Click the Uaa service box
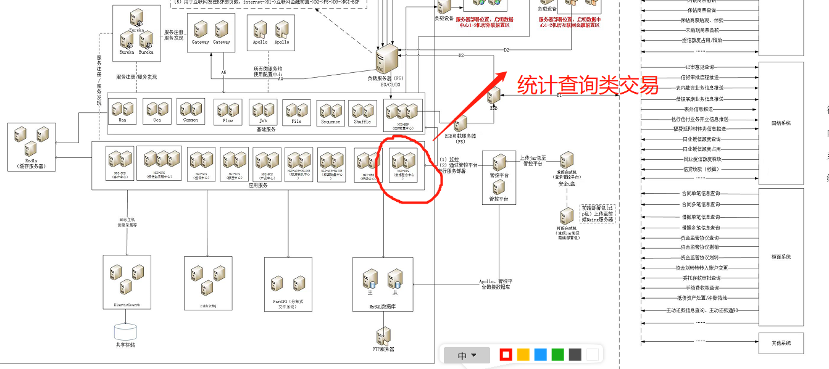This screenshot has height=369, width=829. click(x=123, y=111)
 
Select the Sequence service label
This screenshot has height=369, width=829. click(x=330, y=122)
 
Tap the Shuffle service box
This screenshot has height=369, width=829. click(x=362, y=113)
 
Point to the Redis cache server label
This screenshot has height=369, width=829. click(x=31, y=164)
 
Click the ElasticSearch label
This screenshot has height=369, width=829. click(x=127, y=305)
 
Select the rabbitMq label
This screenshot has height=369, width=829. click(x=207, y=305)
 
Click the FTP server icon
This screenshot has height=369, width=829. click(x=383, y=336)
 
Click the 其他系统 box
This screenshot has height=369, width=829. click(x=781, y=342)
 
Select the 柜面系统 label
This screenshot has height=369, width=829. click(x=781, y=257)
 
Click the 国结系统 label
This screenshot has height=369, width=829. click(x=781, y=123)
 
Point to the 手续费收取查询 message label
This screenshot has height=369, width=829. click(x=700, y=288)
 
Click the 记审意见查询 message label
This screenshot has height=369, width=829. click(x=699, y=67)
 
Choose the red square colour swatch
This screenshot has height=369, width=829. click(x=506, y=355)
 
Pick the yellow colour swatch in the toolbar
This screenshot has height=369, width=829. click(x=523, y=355)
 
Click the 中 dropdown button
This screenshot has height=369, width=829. click(x=467, y=355)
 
